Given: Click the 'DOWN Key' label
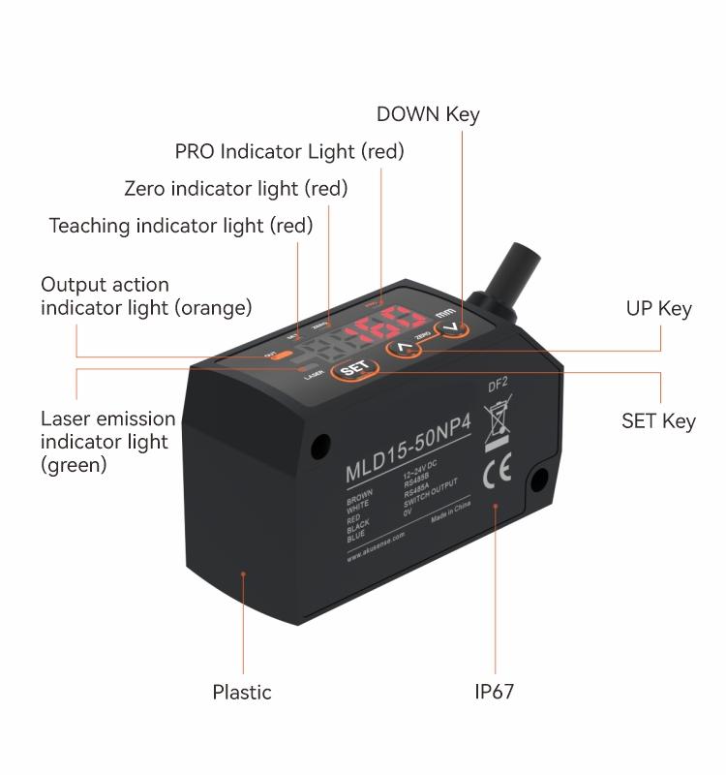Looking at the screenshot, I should click(428, 114).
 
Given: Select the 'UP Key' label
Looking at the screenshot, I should click(658, 309).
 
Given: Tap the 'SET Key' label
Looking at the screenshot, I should click(658, 421).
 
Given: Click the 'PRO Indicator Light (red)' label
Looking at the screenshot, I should click(289, 151).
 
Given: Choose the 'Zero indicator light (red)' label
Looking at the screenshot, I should click(235, 188).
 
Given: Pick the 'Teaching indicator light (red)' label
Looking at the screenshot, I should click(181, 226).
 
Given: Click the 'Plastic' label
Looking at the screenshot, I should click(242, 692).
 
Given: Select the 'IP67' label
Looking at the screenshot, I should click(494, 692).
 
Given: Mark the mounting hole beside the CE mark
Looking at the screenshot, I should click(538, 477).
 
